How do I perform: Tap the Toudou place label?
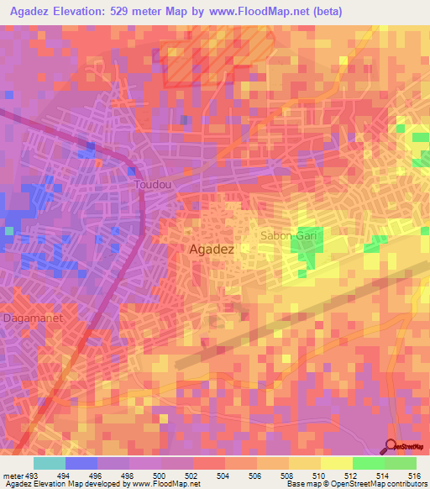point(151,182)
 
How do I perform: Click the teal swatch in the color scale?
point(50,463)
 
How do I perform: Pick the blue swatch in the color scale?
point(81,463)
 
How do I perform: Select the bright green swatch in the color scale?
point(368,463)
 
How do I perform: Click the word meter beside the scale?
point(13,475)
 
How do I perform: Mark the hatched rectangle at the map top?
point(217,59)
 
